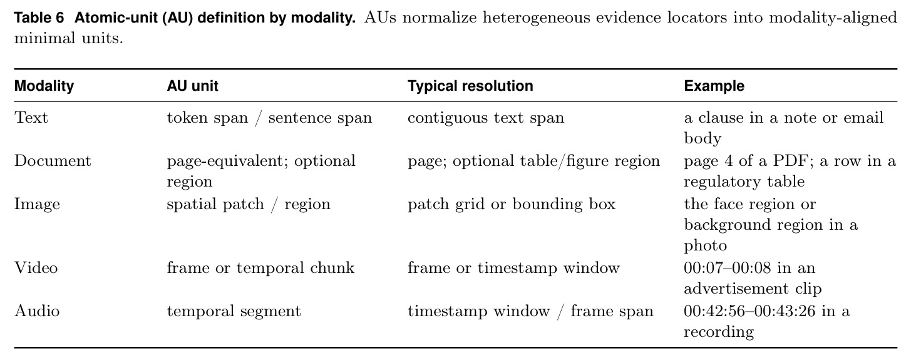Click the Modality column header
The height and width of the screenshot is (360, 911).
(44, 86)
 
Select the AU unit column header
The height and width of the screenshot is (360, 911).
(192, 86)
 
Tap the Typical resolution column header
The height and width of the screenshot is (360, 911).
(470, 86)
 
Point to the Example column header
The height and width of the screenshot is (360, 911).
(714, 86)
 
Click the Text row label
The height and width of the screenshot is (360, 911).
(31, 118)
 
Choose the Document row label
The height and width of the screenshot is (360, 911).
(53, 161)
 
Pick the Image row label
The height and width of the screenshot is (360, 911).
(37, 204)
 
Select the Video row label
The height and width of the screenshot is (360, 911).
(36, 268)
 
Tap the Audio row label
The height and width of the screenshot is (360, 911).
(37, 311)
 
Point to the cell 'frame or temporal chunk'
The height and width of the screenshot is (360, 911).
(260, 268)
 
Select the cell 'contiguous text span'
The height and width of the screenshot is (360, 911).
(486, 118)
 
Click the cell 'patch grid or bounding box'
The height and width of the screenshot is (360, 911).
(512, 204)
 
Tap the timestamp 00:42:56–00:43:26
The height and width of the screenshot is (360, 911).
(749, 311)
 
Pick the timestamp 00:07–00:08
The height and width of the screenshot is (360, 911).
(727, 268)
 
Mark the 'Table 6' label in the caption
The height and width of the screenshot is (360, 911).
(39, 18)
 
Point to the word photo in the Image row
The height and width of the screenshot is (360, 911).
(705, 245)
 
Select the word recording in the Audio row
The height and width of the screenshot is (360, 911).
(719, 332)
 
